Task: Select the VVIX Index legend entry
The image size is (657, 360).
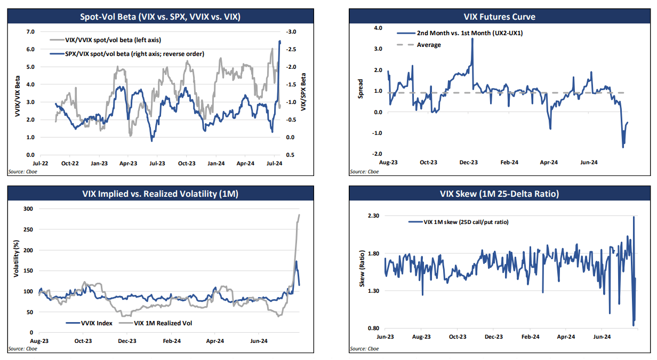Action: click(95, 323)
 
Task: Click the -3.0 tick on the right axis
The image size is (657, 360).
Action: click(291, 32)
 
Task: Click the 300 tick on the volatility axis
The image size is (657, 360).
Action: click(29, 209)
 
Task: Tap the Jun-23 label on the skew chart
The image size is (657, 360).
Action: click(385, 337)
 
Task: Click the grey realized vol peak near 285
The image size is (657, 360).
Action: click(299, 215)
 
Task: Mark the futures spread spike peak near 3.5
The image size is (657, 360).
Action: click(472, 38)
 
